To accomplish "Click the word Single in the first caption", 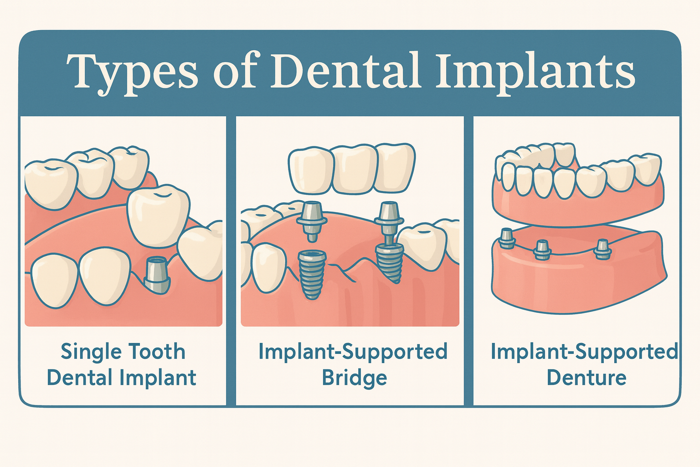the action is [x=91, y=352].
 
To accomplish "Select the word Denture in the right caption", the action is [x=587, y=378].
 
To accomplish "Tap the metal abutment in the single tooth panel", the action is [x=156, y=274].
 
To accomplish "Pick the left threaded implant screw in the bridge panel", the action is [x=311, y=274].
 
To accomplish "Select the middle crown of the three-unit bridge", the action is [x=355, y=169].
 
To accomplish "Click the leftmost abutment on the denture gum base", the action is [x=506, y=238].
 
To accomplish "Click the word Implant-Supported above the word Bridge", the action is [x=353, y=352].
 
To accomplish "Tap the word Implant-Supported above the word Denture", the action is [x=584, y=352].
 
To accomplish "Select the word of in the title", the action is [x=235, y=72].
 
